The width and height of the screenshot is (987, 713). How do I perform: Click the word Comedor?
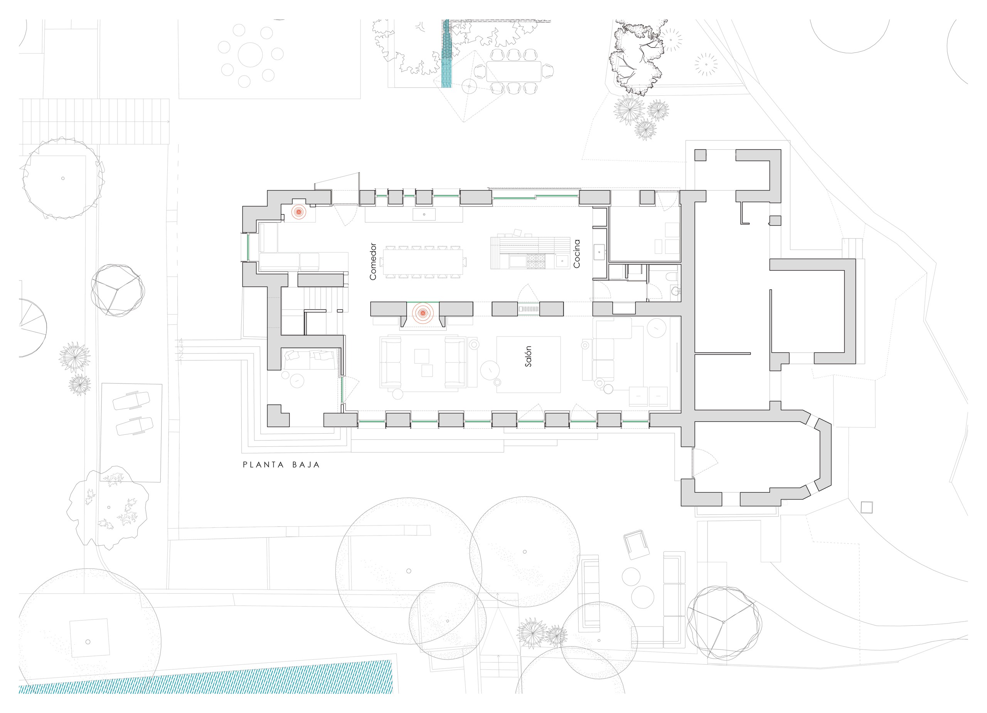(372, 261)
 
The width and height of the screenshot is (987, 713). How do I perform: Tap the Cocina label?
(577, 253)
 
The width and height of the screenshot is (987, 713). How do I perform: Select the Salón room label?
(528, 356)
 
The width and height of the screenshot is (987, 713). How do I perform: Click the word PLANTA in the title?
(263, 465)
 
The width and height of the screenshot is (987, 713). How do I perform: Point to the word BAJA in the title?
(306, 465)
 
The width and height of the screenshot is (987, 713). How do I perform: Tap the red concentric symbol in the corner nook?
(298, 212)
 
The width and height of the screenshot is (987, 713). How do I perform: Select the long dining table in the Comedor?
(423, 262)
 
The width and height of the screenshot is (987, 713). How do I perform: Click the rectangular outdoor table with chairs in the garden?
(514, 71)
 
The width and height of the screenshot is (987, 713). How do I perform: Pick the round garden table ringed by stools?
(250, 55)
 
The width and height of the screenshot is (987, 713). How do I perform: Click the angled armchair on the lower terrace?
(636, 544)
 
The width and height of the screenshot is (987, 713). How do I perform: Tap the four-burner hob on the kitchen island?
(536, 261)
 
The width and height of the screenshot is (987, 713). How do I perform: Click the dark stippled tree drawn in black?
(637, 57)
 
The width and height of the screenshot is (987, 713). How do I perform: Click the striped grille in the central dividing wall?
(529, 309)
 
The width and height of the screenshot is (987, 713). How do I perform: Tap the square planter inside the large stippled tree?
(89, 639)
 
